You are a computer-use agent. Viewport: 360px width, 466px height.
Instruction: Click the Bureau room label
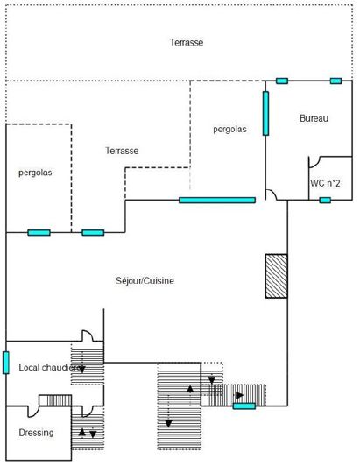pos(313,118)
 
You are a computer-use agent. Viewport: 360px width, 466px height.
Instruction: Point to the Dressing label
pos(36,433)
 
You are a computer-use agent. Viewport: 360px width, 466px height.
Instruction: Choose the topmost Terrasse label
pos(187,42)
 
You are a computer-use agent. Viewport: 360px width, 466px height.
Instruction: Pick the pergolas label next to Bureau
pos(229,129)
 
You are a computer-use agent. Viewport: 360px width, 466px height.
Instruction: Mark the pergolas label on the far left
pos(35,173)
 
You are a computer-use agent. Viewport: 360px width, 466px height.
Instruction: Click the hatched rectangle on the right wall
pos(276,277)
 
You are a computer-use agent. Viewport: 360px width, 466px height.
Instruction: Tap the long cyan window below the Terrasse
pos(216,201)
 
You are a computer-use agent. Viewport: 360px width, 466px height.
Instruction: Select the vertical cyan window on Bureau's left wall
pos(265,113)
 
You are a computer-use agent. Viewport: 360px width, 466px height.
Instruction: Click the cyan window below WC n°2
pos(325,201)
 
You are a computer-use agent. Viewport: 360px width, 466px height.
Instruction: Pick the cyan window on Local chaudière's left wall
pos(6,362)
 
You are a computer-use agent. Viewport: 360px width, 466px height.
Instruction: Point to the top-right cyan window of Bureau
pos(335,81)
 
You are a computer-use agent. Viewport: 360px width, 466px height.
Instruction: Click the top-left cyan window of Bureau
pos(281,81)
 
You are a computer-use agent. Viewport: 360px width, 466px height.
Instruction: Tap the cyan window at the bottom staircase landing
pos(244,406)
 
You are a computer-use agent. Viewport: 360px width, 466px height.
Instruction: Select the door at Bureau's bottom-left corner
pos(273,194)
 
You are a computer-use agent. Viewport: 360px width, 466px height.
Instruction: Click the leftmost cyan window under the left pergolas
pos(39,232)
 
